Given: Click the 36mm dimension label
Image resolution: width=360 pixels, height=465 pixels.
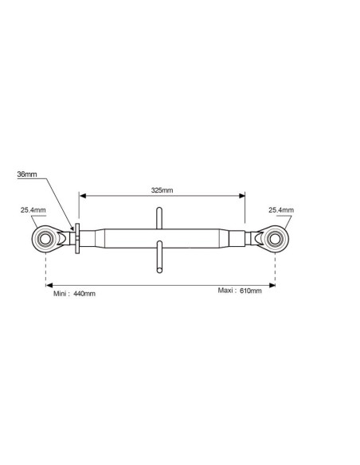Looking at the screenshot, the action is click(27, 174).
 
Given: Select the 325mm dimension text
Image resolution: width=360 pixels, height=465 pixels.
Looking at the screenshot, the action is click(162, 190).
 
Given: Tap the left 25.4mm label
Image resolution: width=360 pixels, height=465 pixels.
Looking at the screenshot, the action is click(33, 210).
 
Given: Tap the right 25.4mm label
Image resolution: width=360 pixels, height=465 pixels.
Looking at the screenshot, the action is click(281, 210).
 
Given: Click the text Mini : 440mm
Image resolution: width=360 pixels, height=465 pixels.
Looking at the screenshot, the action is click(74, 294).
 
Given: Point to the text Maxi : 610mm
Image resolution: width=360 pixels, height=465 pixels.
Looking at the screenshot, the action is click(240, 291).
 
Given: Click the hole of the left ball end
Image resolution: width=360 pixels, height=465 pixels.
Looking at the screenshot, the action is click(45, 239).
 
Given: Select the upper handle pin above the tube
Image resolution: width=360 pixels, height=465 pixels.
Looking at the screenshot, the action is click(159, 218).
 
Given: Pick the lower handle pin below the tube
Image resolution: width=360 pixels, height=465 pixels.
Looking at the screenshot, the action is click(159, 257).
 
